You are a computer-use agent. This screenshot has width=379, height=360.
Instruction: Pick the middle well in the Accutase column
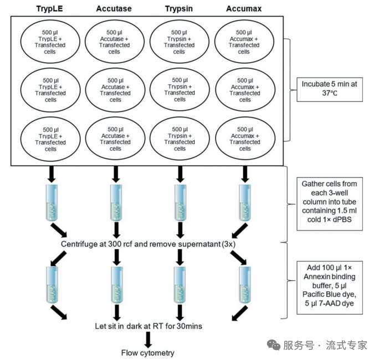[115, 90]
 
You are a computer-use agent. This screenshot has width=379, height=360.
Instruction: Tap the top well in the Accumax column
[244, 42]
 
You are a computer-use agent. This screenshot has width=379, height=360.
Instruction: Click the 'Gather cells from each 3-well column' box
[331, 203]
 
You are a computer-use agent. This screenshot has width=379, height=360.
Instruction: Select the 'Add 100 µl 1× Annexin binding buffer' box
[331, 284]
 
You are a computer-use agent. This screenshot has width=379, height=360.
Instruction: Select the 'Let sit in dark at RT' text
[148, 326]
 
